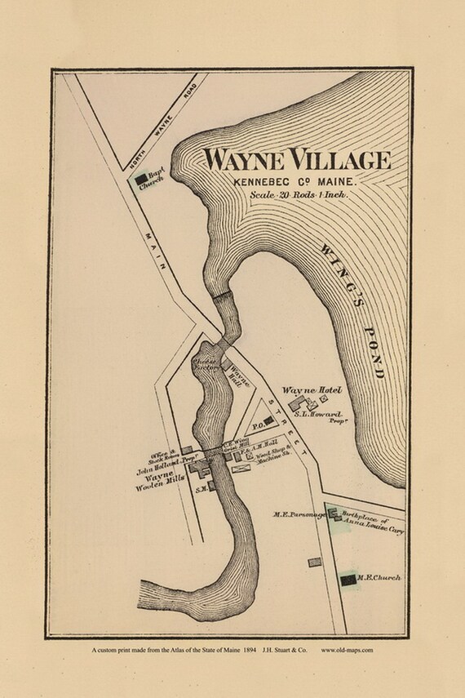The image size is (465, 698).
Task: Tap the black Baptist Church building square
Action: click(x=143, y=176)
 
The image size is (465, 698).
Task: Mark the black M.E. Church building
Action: click(x=348, y=579)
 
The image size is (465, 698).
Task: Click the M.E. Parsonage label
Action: click(x=299, y=514)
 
